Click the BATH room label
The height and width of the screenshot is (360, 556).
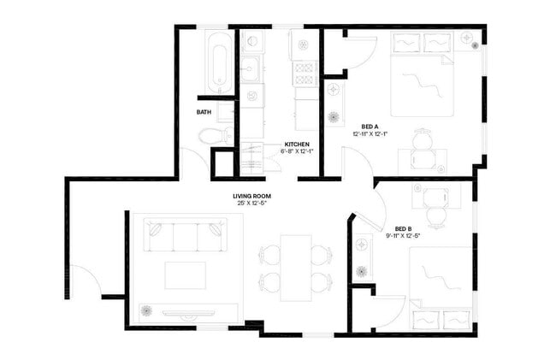point(204,112)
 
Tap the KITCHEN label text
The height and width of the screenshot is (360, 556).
point(297,144)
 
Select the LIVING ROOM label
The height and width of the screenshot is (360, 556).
point(251,196)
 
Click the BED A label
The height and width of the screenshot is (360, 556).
point(370,126)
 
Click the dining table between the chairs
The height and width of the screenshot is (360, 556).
point(295,267)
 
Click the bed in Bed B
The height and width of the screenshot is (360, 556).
point(441,286)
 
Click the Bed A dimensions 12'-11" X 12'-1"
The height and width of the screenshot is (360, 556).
point(370,134)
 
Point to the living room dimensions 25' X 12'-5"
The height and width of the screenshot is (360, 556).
point(251,204)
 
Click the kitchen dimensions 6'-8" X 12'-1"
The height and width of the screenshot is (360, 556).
point(297,151)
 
